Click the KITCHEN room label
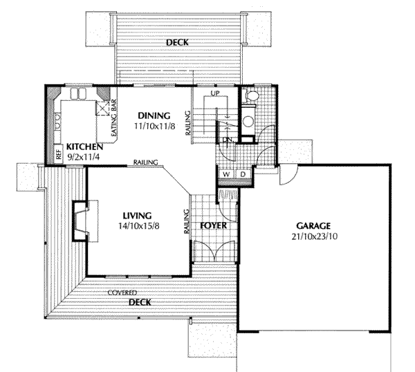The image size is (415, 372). tap(84, 147)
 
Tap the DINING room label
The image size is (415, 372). tap(154, 116)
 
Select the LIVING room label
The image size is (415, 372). tap(138, 216)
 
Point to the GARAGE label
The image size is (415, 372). tap(313, 226)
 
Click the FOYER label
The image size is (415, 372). tap(214, 225)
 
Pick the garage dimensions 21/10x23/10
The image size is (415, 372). tap(315, 236)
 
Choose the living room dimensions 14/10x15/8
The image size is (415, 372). tap(139, 226)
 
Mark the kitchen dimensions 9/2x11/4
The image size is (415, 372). tap(84, 157)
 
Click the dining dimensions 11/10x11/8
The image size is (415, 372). tap(154, 127)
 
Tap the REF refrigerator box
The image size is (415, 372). tap(59, 154)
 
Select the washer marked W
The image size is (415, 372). tap(226, 174)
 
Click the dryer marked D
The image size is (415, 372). tap(243, 174)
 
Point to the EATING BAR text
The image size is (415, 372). tap(114, 118)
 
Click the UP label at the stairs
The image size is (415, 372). tap(215, 93)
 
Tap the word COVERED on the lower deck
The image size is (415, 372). tap(122, 292)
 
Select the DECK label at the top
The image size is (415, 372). tap(177, 42)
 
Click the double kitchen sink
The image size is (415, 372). tap(78, 93)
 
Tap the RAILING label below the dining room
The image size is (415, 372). tap(145, 162)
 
